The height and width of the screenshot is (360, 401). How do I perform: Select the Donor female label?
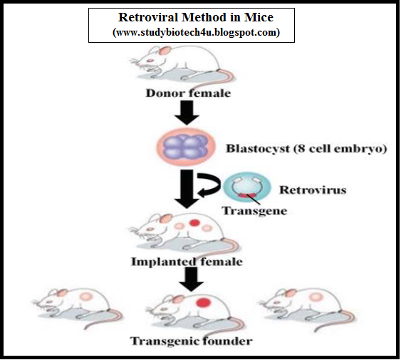[188, 93]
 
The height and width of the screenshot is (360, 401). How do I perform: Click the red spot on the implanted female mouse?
[193, 224]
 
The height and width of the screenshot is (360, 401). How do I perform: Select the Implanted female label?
[187, 262]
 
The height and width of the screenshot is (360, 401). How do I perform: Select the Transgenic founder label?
[191, 341]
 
